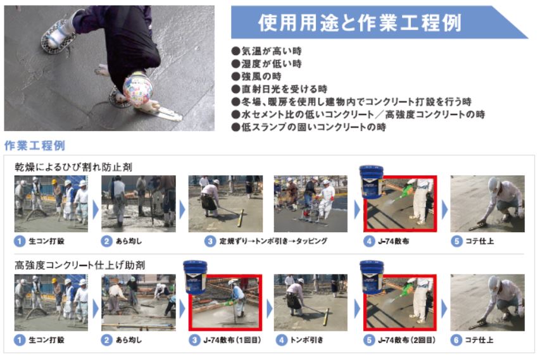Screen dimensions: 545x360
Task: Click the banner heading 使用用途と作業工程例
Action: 360,23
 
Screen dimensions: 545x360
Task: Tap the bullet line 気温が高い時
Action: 266,51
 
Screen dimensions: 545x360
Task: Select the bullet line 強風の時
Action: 256,77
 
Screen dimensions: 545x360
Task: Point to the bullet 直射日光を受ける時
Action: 279,89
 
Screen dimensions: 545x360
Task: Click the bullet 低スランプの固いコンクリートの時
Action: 309,127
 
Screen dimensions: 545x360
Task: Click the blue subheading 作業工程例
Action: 35,146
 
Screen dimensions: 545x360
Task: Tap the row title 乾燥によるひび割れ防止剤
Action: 73,167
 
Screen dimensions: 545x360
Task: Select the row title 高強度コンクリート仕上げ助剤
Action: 80,265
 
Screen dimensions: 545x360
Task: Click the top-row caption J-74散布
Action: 393,241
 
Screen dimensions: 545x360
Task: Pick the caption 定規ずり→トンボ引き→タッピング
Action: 273,241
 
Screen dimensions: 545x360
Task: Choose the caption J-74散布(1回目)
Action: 232,340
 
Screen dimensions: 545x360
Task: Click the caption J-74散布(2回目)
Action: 406,340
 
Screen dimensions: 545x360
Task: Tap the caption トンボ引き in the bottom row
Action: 306,340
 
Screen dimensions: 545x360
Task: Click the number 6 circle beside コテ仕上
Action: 456,340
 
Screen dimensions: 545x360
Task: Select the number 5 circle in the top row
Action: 456,241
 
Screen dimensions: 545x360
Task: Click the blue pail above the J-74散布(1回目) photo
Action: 195,277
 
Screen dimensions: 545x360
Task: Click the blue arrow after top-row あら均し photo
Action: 182,210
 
